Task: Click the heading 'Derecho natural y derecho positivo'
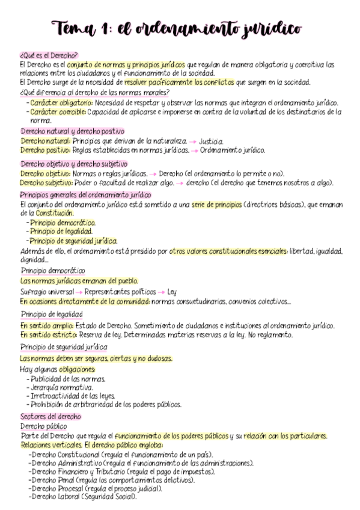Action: [72, 131]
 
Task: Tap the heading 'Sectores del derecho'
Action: [50, 416]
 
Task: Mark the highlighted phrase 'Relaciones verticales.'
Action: [51, 444]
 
